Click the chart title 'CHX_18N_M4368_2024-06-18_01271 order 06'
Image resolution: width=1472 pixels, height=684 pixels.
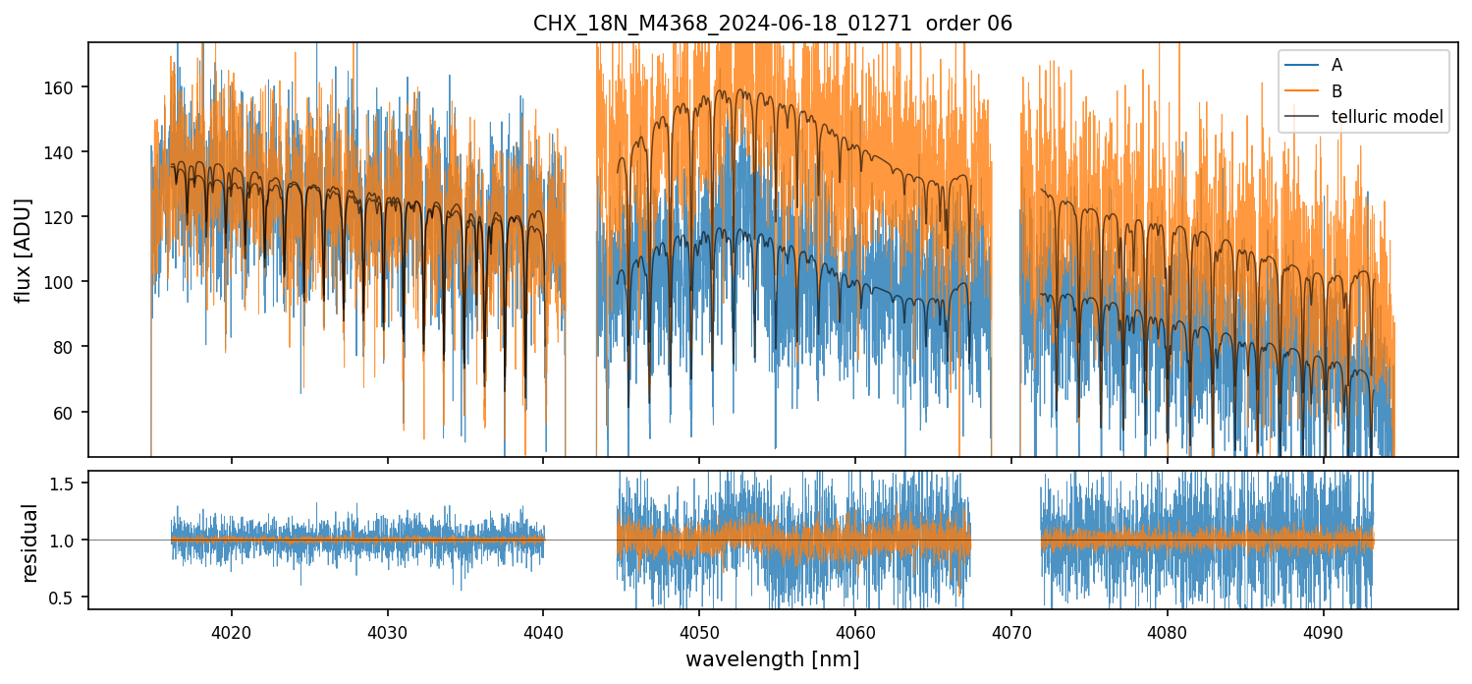[x=772, y=24]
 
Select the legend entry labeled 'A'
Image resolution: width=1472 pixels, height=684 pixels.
[x=1336, y=65]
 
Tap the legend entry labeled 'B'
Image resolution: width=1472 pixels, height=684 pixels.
[x=1336, y=91]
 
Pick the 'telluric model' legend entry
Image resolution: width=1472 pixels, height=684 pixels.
[x=1387, y=117]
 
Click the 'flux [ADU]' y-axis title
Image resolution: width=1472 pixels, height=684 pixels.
[x=23, y=250]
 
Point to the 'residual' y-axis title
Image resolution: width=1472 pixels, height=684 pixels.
[x=30, y=542]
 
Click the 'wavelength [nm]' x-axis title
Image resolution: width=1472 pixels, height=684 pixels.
[x=772, y=659]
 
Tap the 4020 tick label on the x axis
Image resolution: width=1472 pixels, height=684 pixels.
[x=232, y=630]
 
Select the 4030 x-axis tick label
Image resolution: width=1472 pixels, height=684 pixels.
[x=387, y=630]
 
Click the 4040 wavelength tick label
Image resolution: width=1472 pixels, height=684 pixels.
[x=543, y=630]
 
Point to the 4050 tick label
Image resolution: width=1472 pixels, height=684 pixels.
[x=698, y=630]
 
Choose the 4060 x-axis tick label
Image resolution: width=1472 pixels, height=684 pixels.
[x=854, y=630]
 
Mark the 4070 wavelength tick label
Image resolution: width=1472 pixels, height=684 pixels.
[x=1010, y=630]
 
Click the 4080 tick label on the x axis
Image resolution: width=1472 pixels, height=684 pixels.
[x=1167, y=630]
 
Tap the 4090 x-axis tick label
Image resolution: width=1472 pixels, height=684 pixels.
[x=1323, y=630]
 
